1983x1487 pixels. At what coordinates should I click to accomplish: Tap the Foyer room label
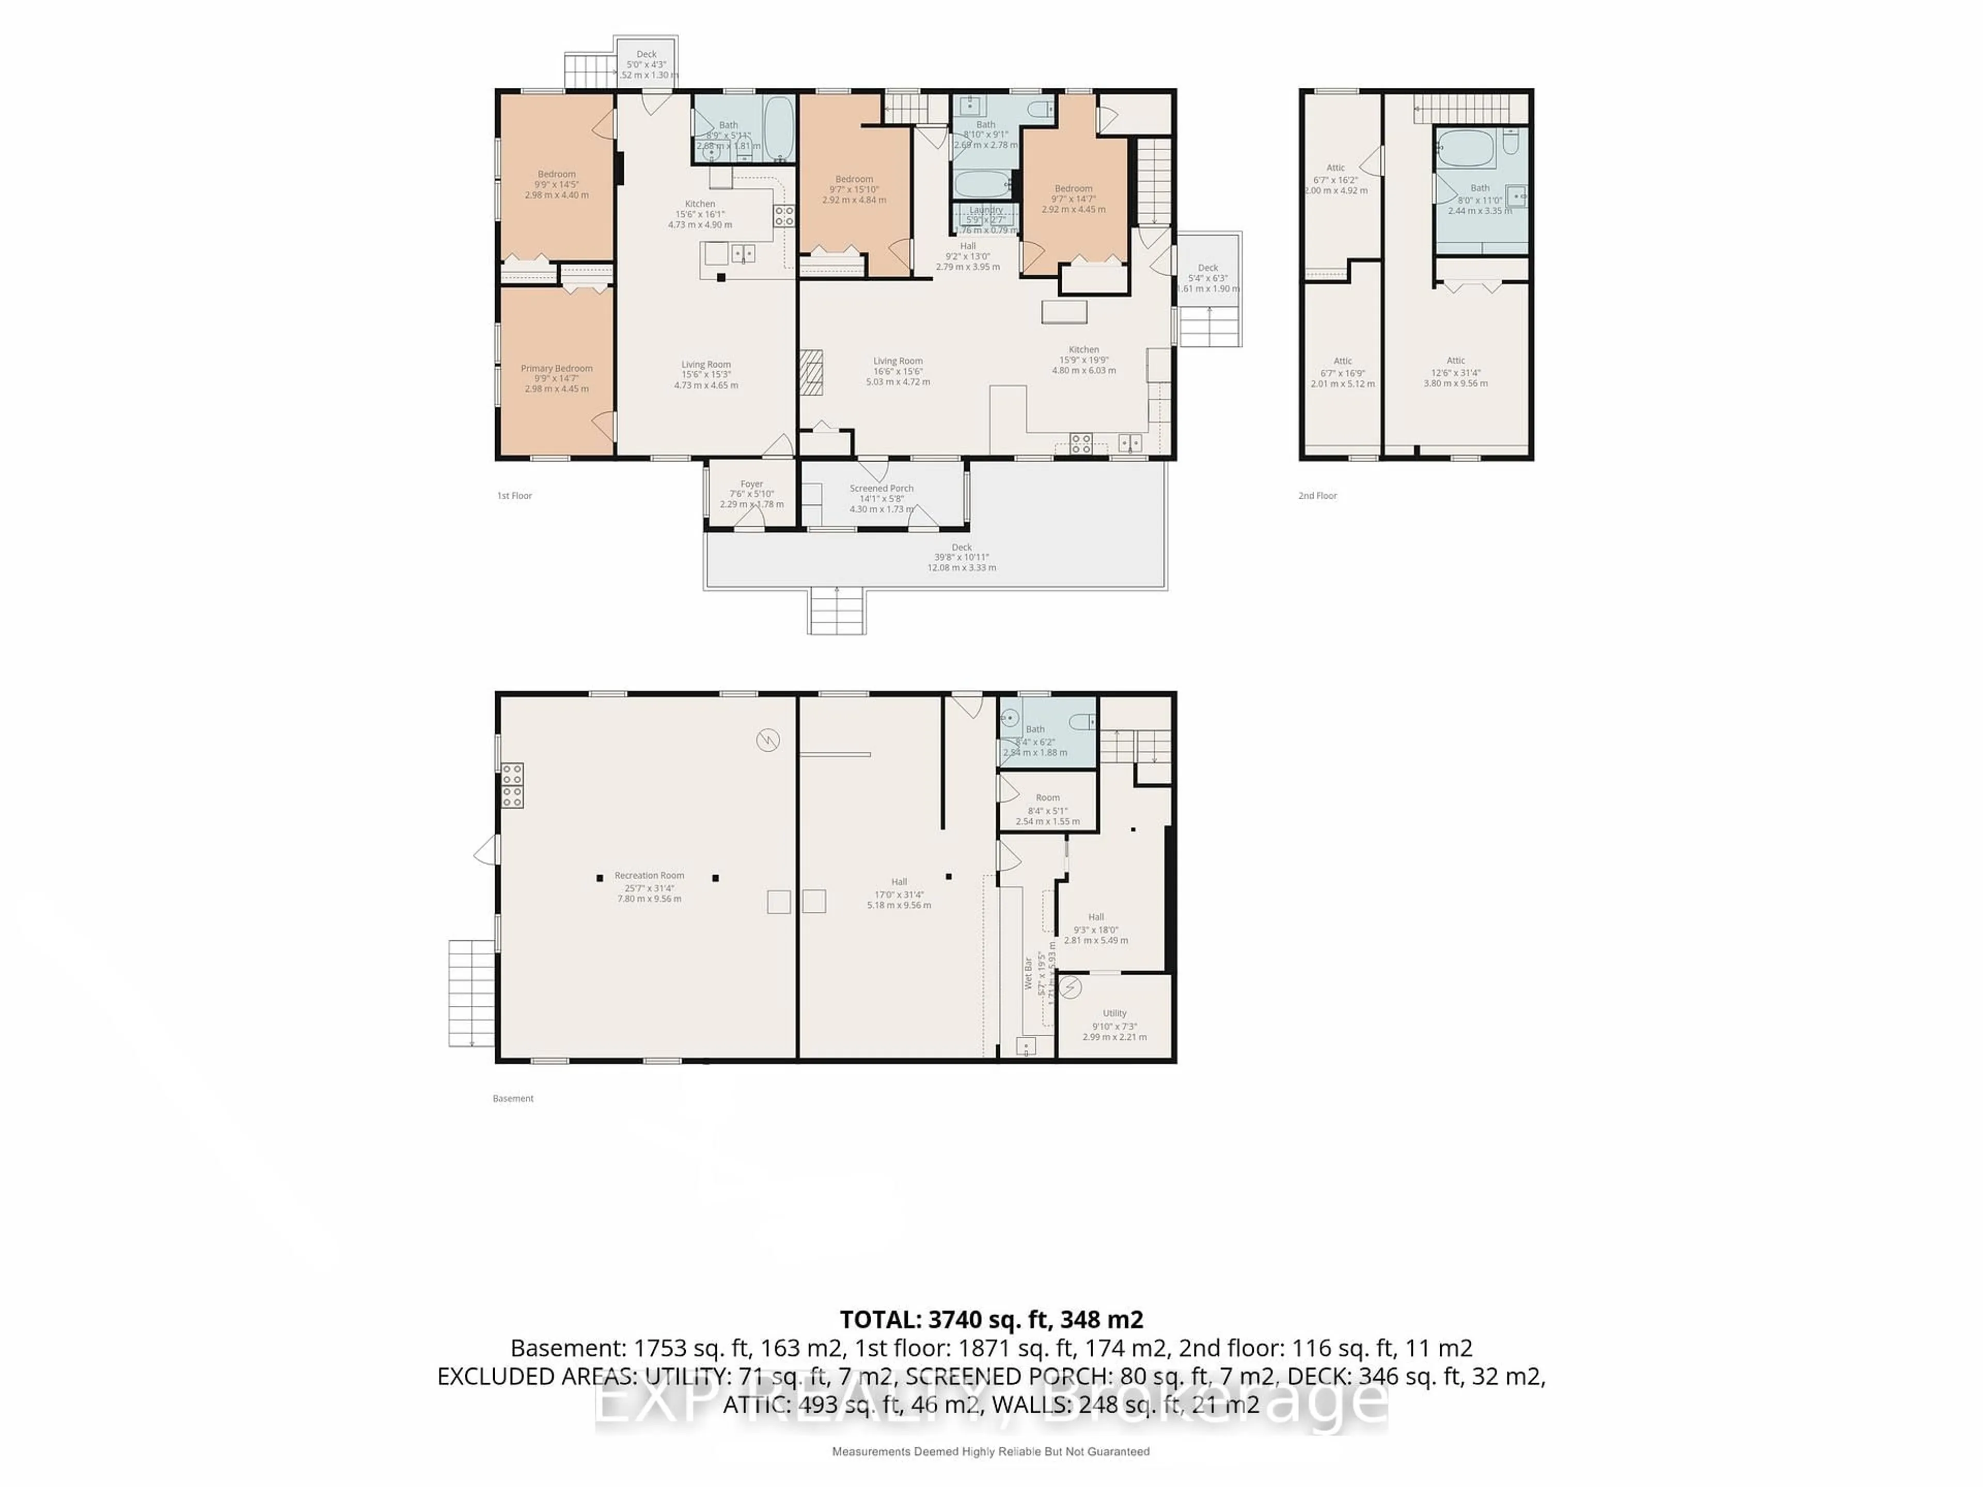[751, 484]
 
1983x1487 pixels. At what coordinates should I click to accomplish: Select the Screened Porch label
[881, 488]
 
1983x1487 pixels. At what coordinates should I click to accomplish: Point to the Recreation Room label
[649, 876]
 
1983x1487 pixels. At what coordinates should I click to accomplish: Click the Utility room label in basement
[1114, 1013]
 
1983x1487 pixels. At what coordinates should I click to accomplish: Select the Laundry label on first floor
[985, 210]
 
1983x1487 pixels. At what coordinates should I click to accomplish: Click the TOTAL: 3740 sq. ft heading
[990, 1319]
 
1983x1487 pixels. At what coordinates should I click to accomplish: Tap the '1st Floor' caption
[514, 496]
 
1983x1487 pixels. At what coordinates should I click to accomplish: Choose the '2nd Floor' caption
[1317, 496]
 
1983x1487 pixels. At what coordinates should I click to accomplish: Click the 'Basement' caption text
[513, 1098]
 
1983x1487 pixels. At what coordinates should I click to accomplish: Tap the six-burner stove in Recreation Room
[512, 785]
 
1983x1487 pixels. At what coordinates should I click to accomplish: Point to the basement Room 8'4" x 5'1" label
[1047, 798]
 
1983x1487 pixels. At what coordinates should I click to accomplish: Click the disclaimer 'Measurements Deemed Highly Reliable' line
[990, 1451]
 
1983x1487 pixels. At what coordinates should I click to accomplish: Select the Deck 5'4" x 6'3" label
[1207, 268]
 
